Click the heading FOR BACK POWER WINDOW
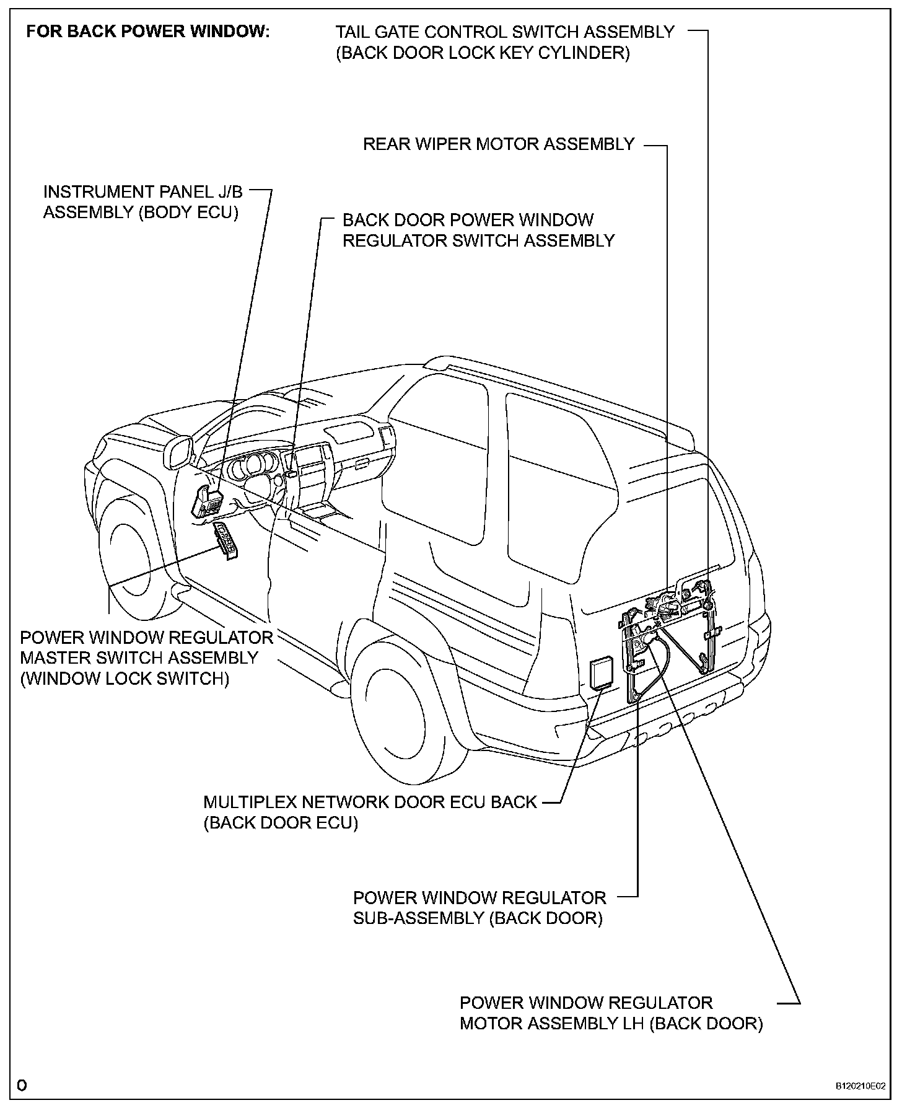click(148, 32)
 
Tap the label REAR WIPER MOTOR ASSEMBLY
click(498, 144)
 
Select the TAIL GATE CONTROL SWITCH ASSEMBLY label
click(504, 32)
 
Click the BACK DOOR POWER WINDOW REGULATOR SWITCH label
click(478, 231)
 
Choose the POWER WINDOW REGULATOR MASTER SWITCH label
click(146, 648)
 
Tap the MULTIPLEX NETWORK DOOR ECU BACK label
click(370, 802)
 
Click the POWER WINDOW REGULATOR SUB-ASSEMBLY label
click(479, 907)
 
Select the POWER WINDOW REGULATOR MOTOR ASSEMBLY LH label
click(610, 1013)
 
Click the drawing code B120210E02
click(860, 1086)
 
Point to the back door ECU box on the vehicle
click(598, 673)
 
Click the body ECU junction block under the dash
click(208, 501)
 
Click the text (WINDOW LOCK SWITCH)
click(125, 679)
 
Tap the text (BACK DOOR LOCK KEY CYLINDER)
click(483, 53)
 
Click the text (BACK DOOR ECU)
click(281, 824)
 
